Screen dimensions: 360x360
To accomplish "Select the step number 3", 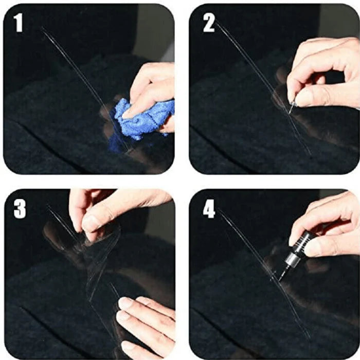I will point(20,208).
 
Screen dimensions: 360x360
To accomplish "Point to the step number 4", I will point(209,208).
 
